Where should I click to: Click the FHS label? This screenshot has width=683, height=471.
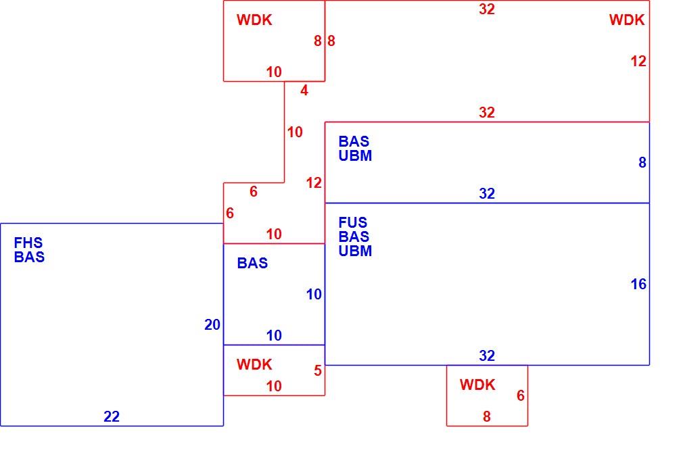point(28,243)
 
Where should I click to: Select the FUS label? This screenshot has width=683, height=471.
point(353,222)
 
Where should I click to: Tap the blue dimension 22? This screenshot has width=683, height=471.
point(112,416)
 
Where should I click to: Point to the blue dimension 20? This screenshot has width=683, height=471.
point(212,325)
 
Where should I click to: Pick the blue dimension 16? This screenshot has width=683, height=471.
point(638,284)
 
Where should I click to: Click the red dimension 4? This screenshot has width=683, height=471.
point(304,91)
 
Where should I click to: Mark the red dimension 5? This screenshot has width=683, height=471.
point(318,370)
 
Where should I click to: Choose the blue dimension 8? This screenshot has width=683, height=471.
point(642,163)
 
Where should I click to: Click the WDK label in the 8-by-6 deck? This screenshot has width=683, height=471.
point(477,385)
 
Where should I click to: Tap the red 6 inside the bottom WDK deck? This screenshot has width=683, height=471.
point(521,395)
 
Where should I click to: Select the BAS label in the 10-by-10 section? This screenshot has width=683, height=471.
point(252,263)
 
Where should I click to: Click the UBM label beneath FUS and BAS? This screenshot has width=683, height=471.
point(355,251)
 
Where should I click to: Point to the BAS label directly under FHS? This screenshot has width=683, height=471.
point(29,257)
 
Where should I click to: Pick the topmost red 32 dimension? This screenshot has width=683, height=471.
point(487,9)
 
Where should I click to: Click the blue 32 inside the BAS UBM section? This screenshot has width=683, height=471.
point(487,193)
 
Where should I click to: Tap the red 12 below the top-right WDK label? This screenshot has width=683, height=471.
point(638,61)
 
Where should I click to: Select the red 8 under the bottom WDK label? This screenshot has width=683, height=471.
point(487,416)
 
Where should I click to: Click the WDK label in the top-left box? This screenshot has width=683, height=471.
point(254,20)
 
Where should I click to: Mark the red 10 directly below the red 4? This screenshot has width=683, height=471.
point(295,132)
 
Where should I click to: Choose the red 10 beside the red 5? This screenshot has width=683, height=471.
point(274,386)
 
